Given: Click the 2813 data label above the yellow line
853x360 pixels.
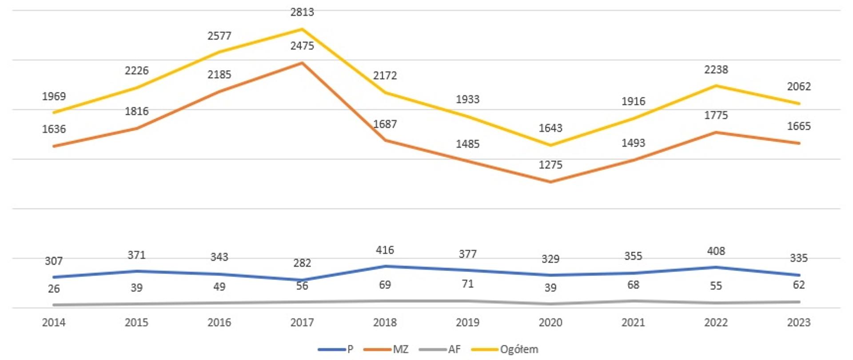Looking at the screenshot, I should point(302,12).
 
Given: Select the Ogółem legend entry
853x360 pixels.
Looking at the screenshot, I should point(518,349).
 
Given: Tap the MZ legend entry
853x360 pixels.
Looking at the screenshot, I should point(400,349).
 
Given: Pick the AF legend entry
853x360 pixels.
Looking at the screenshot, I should point(454,349).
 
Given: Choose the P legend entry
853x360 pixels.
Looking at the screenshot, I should point(350,349).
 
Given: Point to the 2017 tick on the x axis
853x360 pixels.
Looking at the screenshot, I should point(302,322).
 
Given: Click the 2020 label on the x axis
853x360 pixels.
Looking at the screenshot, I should point(550,322).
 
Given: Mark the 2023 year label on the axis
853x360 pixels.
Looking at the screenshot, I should point(799,322).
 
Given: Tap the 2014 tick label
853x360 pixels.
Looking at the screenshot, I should point(54,322).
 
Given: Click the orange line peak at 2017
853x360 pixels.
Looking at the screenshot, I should point(302,63).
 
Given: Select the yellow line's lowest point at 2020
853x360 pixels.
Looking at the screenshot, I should point(550,145).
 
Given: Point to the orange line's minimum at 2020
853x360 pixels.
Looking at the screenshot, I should point(550,182).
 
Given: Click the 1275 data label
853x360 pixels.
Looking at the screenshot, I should point(550,165).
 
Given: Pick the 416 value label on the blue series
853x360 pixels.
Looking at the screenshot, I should point(385,250).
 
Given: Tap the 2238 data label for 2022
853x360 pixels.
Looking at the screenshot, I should point(716,70).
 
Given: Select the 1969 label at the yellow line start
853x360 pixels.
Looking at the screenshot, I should point(54,96).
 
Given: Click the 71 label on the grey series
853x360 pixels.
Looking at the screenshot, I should point(467,284).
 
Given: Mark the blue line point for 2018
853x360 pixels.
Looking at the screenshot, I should point(385,266).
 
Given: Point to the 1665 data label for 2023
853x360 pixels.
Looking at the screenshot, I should point(799,126).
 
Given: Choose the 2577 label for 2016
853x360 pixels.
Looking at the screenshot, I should point(219,36).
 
